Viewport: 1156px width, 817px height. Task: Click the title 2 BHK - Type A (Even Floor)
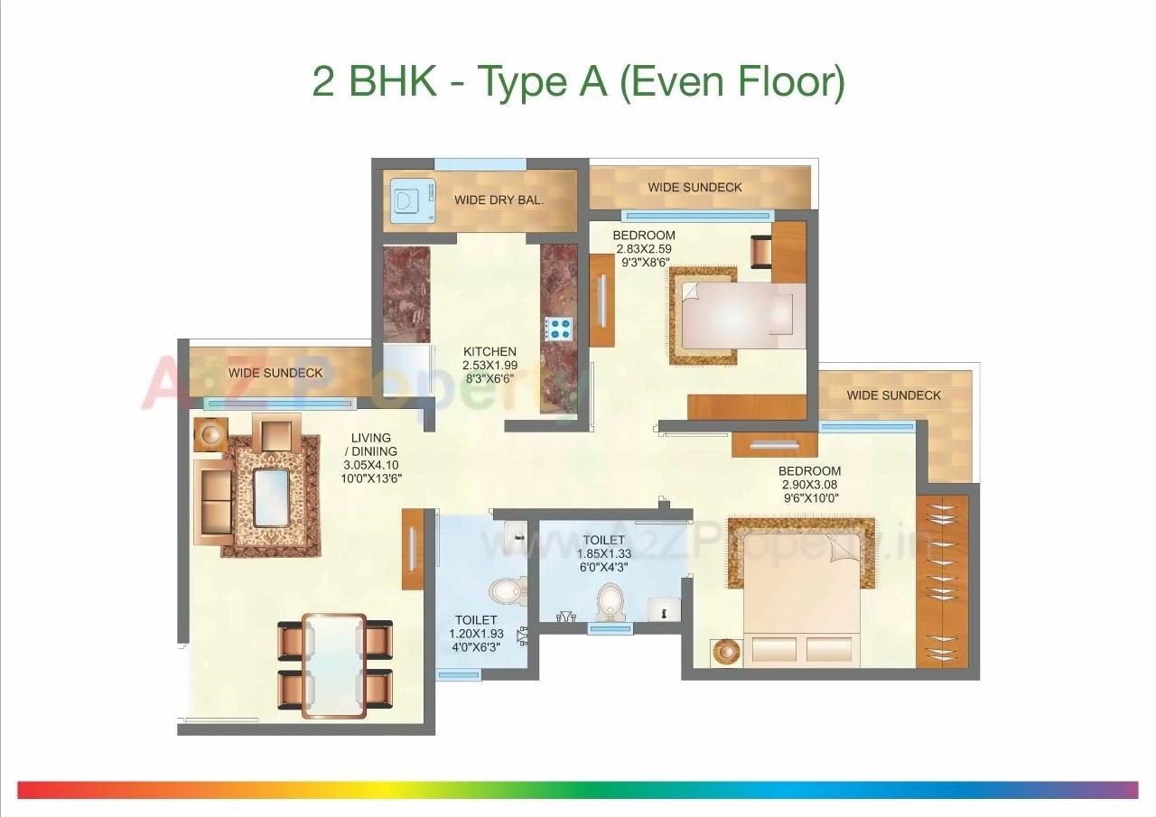(578, 82)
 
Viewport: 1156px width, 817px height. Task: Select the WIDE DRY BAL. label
(499, 200)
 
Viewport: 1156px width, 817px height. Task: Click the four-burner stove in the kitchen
(560, 328)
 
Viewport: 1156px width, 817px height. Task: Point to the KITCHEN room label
(489, 352)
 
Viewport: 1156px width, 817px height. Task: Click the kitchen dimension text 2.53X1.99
(489, 366)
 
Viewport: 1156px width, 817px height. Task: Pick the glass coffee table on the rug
(271, 497)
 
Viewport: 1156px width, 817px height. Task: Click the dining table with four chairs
(334, 664)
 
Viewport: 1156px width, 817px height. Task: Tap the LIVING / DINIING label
(372, 445)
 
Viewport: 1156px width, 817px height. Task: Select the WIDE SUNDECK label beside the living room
(275, 373)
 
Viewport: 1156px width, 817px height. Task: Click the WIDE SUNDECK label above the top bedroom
(695, 187)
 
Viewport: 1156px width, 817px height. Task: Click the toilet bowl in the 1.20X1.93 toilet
(506, 591)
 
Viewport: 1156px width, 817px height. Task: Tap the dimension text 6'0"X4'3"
(603, 568)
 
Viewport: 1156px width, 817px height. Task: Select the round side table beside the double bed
(725, 652)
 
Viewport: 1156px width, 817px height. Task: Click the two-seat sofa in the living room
(214, 501)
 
